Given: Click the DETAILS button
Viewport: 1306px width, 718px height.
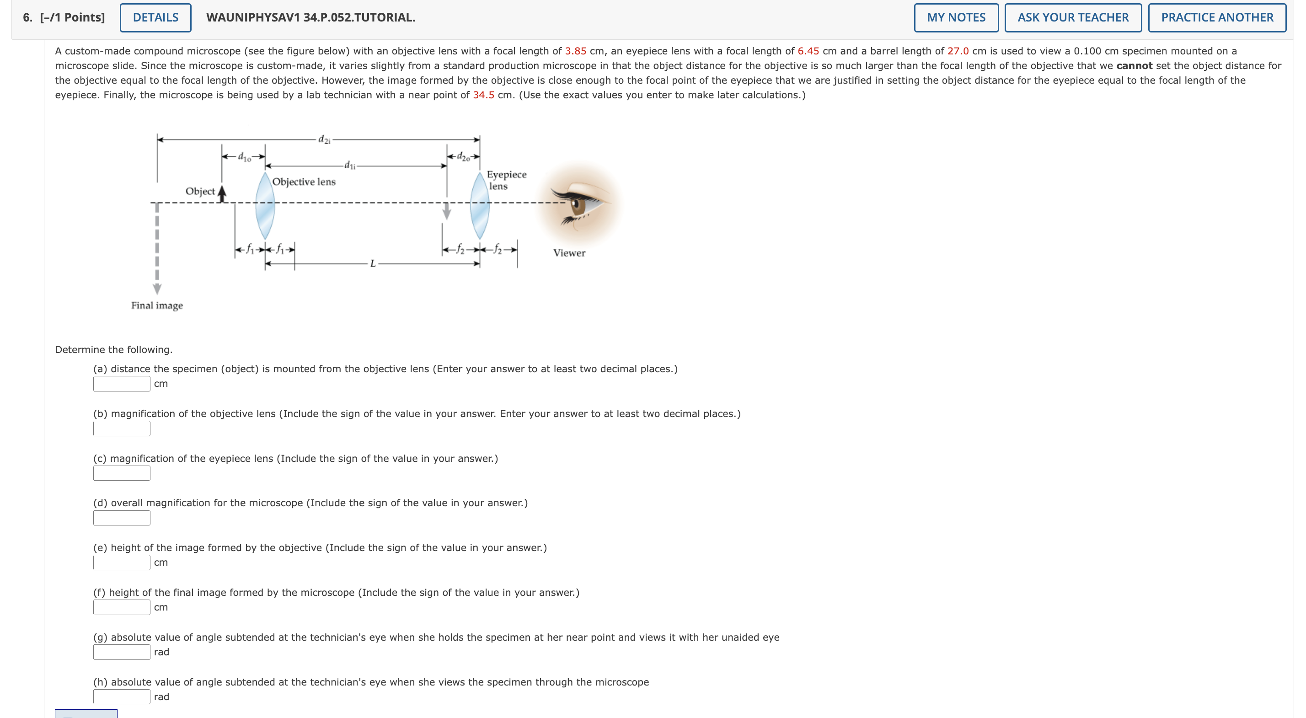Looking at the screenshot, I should (155, 18).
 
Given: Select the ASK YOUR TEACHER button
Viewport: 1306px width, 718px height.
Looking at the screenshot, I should (1073, 18).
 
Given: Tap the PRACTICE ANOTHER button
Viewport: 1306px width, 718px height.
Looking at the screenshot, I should (1217, 18).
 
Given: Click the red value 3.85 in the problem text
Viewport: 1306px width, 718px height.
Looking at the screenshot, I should (575, 51).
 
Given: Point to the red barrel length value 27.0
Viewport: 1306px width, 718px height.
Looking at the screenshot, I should (958, 51).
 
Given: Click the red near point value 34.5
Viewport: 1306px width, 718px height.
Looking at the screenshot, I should (483, 95).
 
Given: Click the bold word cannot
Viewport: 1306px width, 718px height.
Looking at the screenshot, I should (1134, 66).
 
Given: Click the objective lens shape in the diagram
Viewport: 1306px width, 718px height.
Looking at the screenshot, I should (265, 206).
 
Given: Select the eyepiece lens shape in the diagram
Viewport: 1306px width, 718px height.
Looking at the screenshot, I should (480, 206).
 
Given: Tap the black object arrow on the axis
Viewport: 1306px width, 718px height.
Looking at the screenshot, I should (221, 194).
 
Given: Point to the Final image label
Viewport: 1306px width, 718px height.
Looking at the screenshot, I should (157, 305).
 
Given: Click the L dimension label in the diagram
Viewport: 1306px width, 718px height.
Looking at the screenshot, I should (373, 264).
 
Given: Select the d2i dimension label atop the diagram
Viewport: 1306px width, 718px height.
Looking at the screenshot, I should (324, 139).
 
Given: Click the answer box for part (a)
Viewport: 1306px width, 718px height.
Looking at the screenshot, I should (122, 384).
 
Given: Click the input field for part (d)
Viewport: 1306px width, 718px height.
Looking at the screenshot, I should (122, 518).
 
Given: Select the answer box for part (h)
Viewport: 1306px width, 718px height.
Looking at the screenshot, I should (122, 697).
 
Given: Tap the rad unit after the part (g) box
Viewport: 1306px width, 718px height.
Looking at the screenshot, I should (161, 652).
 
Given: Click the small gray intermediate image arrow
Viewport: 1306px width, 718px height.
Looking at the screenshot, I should (447, 211).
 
